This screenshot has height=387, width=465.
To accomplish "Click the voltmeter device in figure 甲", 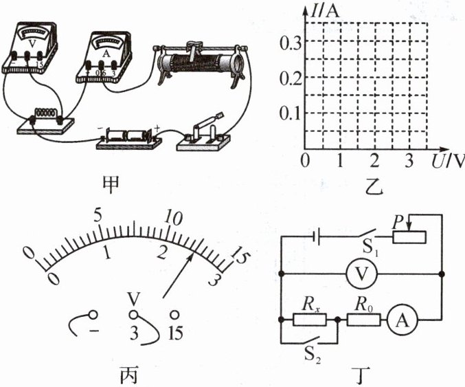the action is tap(30, 47).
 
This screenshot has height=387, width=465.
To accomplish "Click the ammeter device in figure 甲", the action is tap(104, 56).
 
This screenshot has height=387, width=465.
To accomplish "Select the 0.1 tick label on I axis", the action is tap(290, 113).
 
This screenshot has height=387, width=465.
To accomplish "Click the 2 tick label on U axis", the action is tap(375, 161).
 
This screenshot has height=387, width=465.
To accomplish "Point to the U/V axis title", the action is tap(448, 161).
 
